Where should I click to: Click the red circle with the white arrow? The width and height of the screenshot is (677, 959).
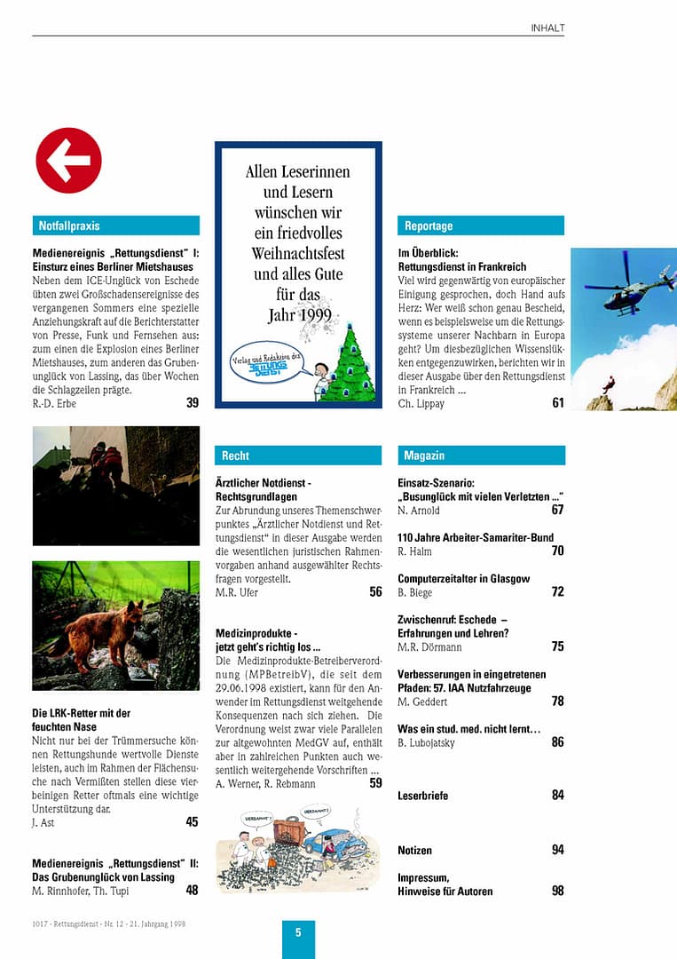pos(68,161)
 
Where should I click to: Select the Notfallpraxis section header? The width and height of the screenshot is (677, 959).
pos(115,226)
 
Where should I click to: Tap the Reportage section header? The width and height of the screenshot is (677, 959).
pos(481,226)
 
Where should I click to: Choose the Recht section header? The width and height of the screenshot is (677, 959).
pos(298,456)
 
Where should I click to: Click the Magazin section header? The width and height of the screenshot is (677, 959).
pos(481,456)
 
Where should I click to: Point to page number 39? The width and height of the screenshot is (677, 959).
pos(192,402)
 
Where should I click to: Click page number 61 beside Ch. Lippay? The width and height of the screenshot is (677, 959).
pos(557,402)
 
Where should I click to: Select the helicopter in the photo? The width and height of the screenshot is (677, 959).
pos(626,284)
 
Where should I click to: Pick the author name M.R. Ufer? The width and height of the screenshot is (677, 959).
pos(237,592)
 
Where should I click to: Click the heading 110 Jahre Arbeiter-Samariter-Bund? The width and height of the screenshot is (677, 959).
pos(476,538)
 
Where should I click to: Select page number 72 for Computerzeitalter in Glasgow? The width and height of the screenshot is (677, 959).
pos(557,591)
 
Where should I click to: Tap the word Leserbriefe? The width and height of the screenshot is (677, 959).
pos(422,796)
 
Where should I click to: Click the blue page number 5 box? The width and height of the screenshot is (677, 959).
pos(298,933)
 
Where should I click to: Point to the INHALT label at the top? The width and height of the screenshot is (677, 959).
pos(547,28)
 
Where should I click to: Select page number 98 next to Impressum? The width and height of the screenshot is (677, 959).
pos(557,891)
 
